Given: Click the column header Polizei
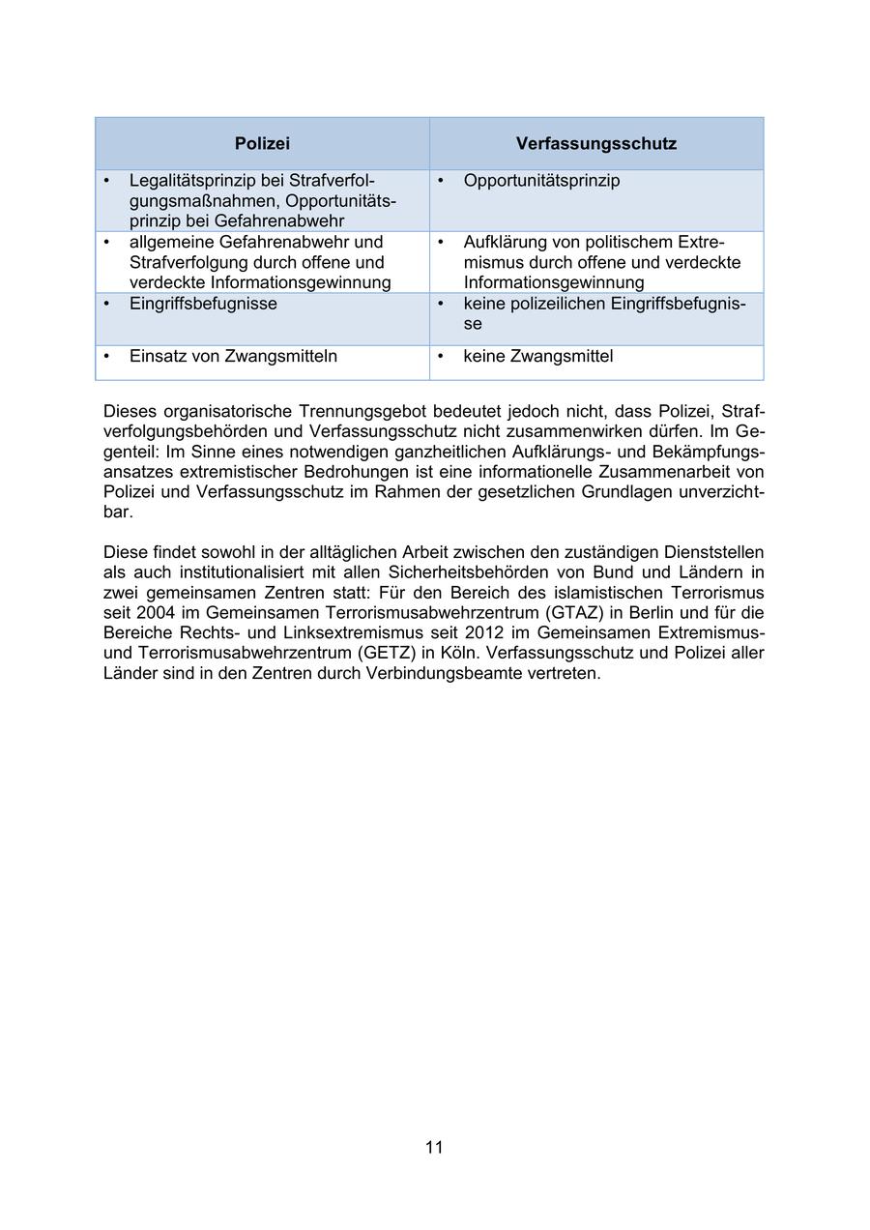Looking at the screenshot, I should [x=262, y=144].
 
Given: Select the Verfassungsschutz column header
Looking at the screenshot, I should [x=595, y=144].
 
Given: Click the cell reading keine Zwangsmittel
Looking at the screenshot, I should [x=537, y=356].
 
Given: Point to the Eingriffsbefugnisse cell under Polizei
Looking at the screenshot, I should [x=203, y=304].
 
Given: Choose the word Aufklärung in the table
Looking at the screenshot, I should [x=505, y=242].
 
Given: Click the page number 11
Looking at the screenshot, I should [x=434, y=1147].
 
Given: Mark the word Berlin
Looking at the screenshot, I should [x=635, y=612].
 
